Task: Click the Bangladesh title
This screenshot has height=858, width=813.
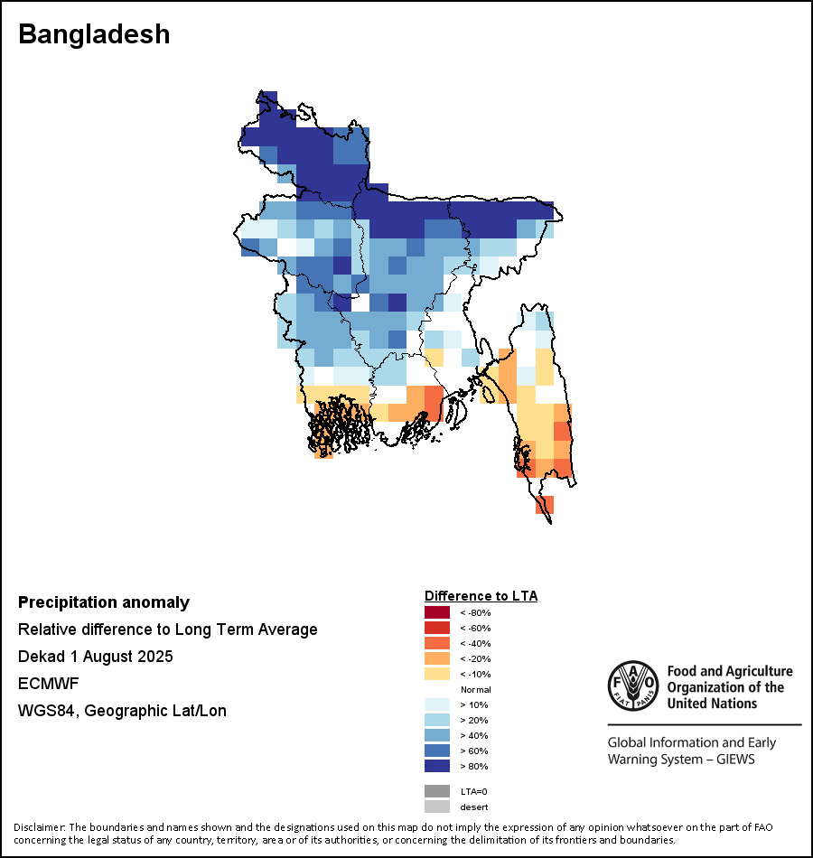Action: click(94, 34)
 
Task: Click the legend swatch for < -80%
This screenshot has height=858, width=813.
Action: click(436, 612)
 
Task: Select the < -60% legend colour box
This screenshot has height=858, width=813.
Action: click(436, 628)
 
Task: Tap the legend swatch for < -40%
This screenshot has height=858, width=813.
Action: click(436, 643)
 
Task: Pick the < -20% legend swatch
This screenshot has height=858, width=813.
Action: click(436, 658)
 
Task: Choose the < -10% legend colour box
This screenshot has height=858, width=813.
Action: click(436, 674)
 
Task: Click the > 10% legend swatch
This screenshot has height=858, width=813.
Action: click(436, 704)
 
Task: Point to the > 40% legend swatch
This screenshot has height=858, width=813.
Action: click(436, 735)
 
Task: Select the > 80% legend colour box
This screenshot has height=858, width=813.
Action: click(436, 766)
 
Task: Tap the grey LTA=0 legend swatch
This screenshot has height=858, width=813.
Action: click(436, 791)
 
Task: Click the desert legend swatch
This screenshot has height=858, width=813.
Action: click(436, 807)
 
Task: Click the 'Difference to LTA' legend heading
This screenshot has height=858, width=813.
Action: click(481, 596)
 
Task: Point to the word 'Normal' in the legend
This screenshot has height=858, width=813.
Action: click(475, 689)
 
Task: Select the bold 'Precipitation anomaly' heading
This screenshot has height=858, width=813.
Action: click(104, 602)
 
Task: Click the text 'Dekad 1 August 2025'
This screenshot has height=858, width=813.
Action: click(95, 657)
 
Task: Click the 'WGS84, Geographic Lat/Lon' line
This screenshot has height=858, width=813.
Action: click(122, 711)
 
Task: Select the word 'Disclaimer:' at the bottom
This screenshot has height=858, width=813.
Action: click(39, 827)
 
